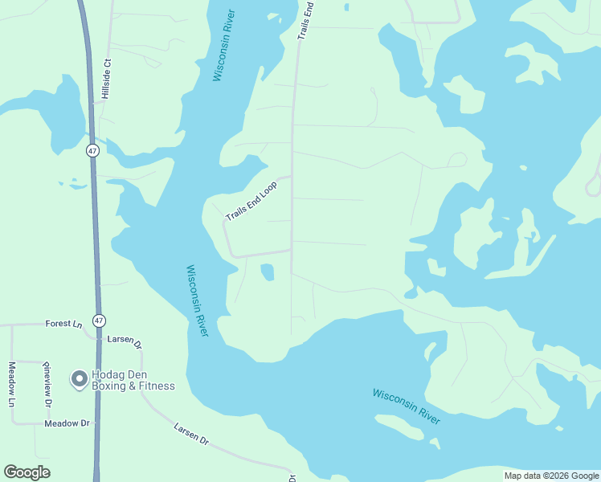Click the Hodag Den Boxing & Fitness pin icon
click(x=79, y=378)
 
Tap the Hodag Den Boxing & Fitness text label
click(x=133, y=380)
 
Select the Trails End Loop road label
click(x=251, y=201)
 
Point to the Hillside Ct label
click(x=105, y=79)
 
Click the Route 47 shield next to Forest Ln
click(x=98, y=320)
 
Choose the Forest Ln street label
click(x=64, y=325)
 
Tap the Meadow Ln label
click(x=12, y=384)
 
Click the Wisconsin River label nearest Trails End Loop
click(x=197, y=300)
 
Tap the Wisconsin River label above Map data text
click(x=406, y=407)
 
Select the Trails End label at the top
click(x=305, y=20)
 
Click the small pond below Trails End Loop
click(x=268, y=273)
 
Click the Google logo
click(x=27, y=472)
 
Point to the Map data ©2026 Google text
click(x=551, y=476)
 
